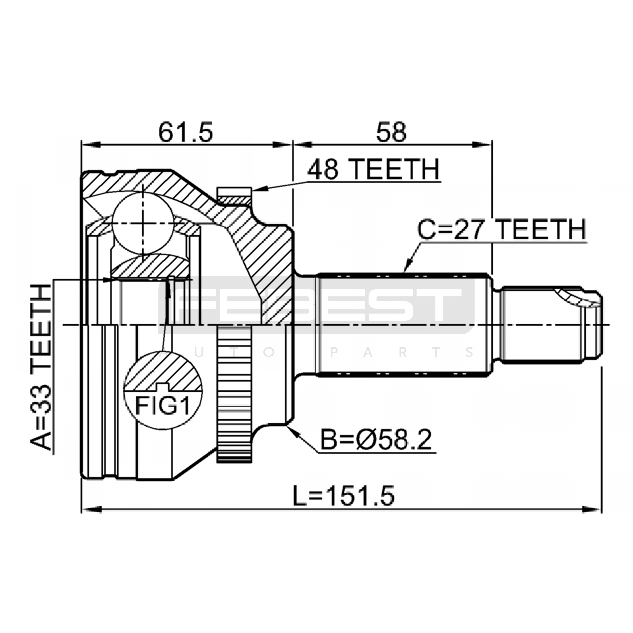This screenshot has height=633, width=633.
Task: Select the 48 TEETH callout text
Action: (x=373, y=170)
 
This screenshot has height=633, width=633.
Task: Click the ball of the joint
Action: (x=143, y=224)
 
